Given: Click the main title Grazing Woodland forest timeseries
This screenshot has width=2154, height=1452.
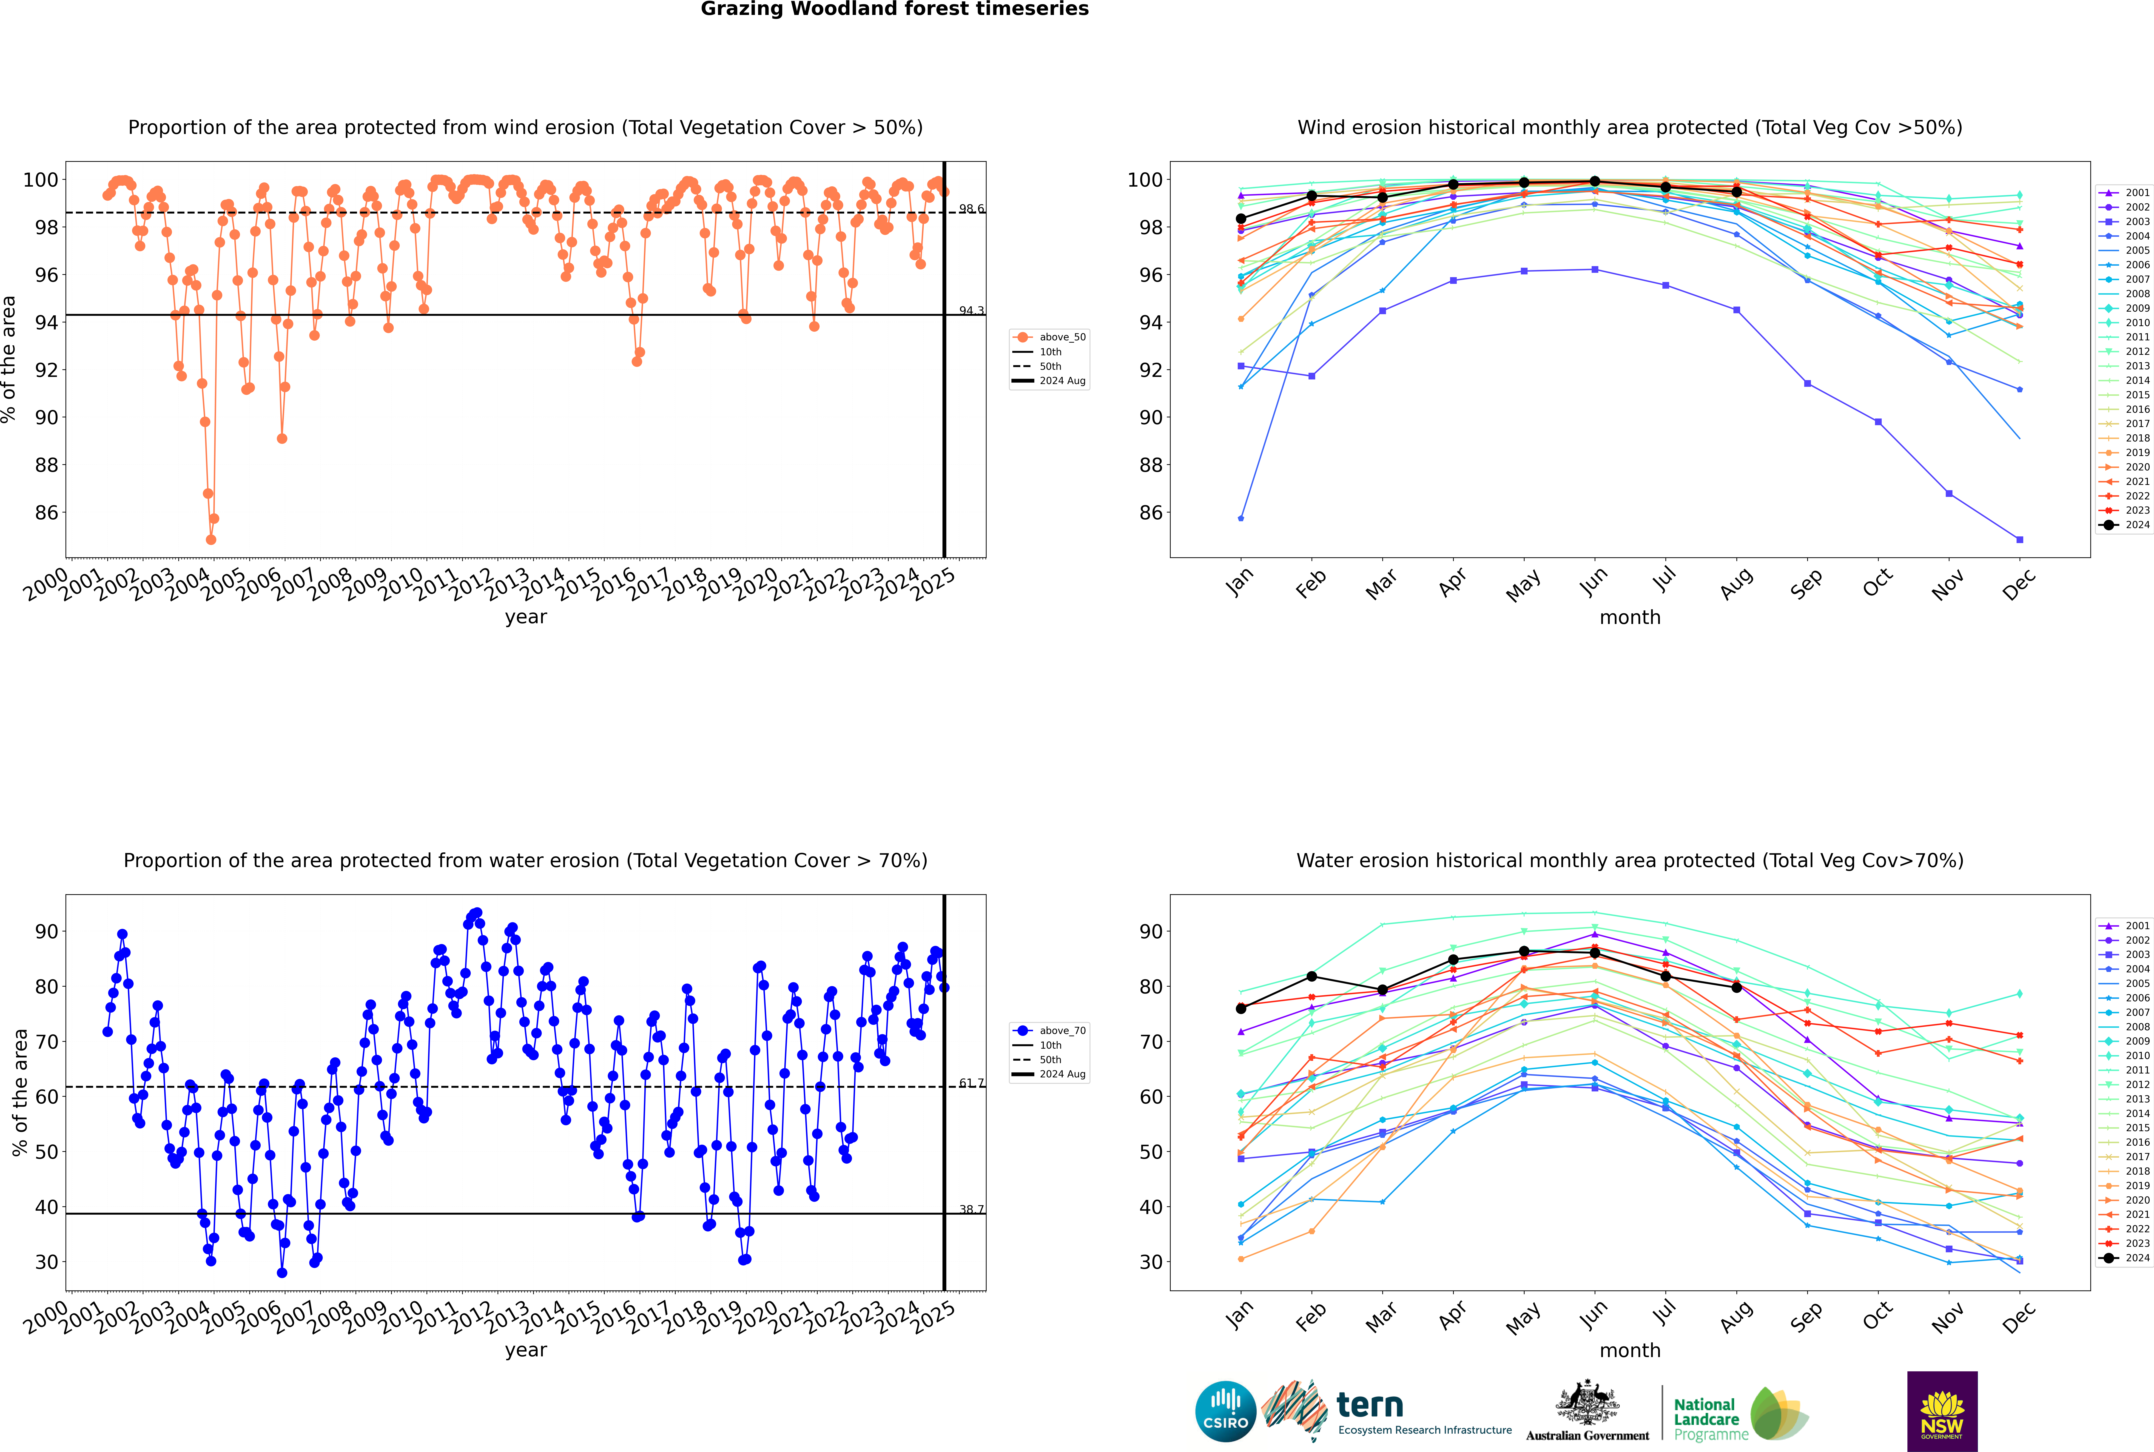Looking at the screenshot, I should (x=895, y=9).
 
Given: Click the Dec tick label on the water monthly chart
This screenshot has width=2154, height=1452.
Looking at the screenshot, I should (x=2019, y=1315).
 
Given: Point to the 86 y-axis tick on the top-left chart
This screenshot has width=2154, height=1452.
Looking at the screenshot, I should (x=46, y=513).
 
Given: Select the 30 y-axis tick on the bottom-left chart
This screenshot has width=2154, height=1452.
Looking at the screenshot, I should (x=46, y=1262).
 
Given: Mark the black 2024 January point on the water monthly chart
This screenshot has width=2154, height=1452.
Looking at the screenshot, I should (x=1241, y=1008).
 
